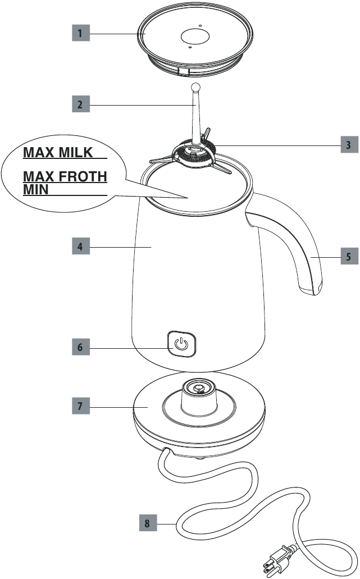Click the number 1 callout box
(x=81, y=33)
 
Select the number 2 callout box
(x=81, y=104)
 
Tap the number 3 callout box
(x=349, y=144)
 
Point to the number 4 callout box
(x=81, y=246)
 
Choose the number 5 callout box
(x=349, y=256)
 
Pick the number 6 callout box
(x=81, y=347)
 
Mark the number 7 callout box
(x=81, y=406)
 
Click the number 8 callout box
(x=148, y=523)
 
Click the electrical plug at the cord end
(x=279, y=557)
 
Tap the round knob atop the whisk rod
(x=195, y=87)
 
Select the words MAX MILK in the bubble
(x=58, y=153)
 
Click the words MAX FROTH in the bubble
(x=65, y=176)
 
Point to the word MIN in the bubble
(x=36, y=189)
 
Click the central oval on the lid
(x=195, y=36)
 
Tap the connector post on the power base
(x=199, y=397)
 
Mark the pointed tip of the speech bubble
(x=188, y=198)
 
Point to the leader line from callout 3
(x=276, y=145)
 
